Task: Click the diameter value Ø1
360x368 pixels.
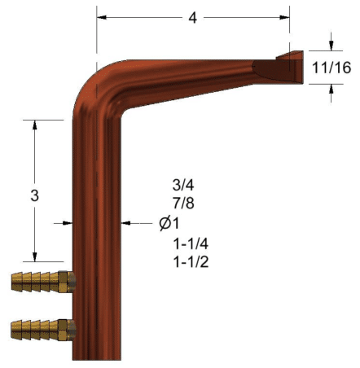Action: coord(169,222)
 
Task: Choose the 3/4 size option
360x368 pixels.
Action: coord(183,183)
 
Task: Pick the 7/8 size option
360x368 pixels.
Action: coord(183,203)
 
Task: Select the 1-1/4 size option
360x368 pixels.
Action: coord(189,243)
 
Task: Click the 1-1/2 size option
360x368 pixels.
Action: coord(189,262)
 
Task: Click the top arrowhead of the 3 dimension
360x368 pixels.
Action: coord(35,125)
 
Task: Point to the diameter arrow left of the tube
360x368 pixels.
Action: coord(66,221)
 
